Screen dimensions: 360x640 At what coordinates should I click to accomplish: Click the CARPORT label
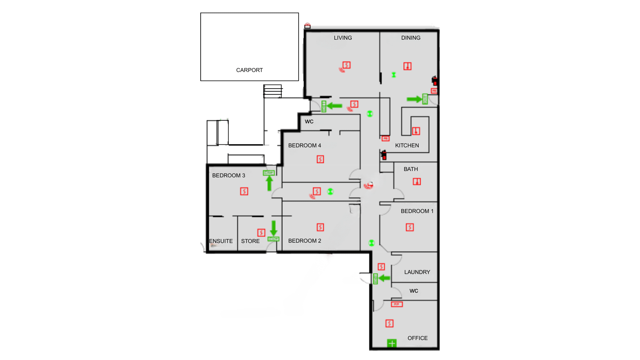(x=249, y=70)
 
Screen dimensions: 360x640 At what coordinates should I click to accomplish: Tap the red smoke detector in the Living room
(x=347, y=65)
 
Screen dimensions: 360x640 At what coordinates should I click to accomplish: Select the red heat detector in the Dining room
(x=407, y=66)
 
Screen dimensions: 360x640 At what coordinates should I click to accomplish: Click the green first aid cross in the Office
(x=392, y=343)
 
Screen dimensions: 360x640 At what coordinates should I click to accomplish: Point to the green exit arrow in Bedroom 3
(x=269, y=183)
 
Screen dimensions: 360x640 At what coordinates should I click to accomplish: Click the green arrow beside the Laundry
(x=384, y=278)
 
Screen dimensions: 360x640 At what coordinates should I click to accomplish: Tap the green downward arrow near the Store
(x=274, y=228)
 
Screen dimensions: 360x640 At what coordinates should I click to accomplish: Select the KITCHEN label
(x=407, y=145)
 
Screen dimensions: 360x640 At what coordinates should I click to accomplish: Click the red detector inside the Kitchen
(x=416, y=131)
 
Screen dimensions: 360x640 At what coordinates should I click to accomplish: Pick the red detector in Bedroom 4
(x=320, y=159)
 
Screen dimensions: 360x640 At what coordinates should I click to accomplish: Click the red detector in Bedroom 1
(x=410, y=227)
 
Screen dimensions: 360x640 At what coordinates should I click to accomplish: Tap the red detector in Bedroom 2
(x=320, y=227)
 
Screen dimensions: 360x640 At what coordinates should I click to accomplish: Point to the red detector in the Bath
(x=417, y=181)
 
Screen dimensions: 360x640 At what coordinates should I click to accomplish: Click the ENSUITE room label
(x=221, y=241)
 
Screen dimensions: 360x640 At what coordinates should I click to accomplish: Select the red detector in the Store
(x=261, y=232)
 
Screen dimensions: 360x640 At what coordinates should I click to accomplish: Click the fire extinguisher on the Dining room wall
(x=435, y=81)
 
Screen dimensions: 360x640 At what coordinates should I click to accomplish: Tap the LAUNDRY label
(x=417, y=272)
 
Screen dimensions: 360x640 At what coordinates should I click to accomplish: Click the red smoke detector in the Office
(x=389, y=323)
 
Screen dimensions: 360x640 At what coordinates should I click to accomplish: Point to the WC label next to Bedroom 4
(x=309, y=121)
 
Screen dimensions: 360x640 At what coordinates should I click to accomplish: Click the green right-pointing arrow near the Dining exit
(x=414, y=99)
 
